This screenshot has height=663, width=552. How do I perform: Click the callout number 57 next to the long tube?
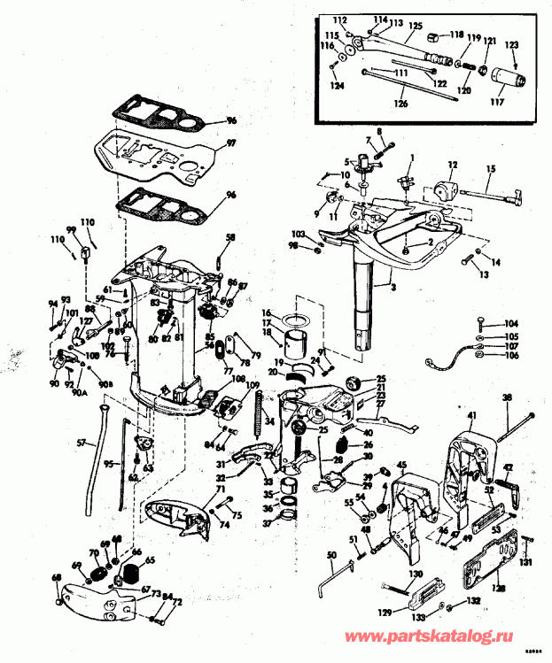(x=82, y=442)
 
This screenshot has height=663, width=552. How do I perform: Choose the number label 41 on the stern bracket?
(x=472, y=415)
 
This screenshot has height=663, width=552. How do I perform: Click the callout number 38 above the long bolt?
(x=507, y=398)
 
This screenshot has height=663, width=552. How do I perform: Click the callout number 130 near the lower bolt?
(x=416, y=574)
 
